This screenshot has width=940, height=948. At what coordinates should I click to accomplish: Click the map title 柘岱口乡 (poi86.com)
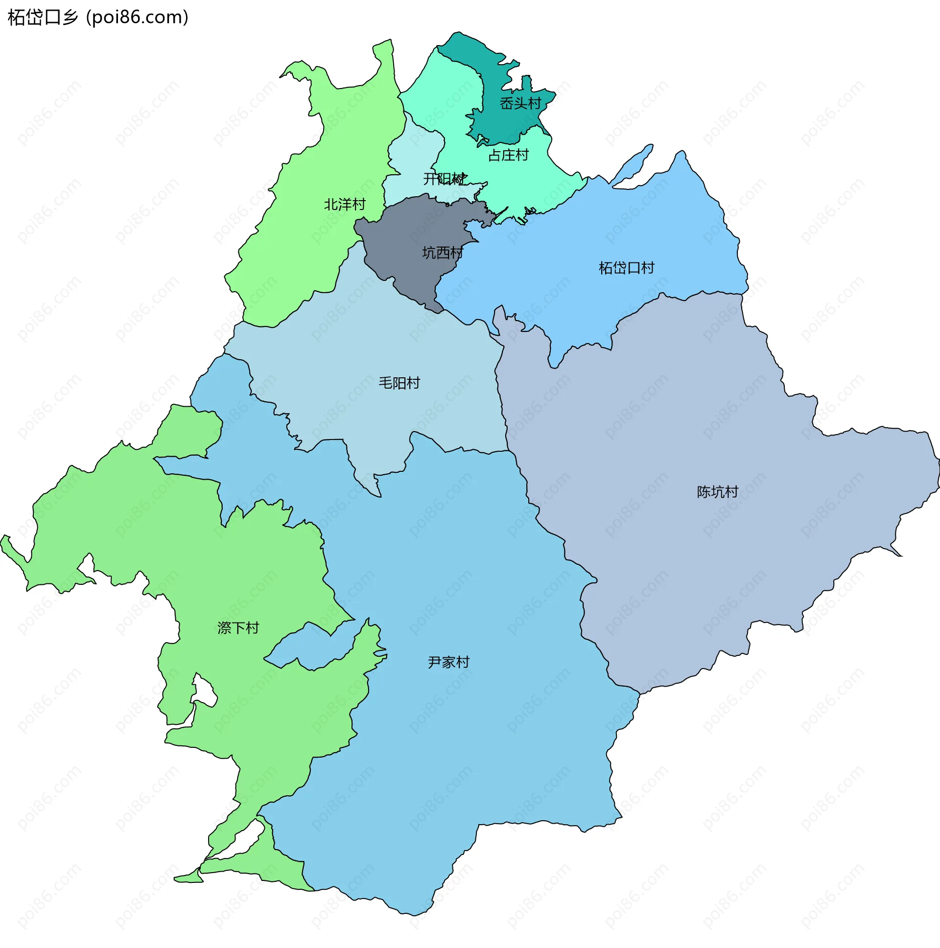click(98, 18)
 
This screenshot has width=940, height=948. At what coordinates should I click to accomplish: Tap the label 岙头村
click(520, 104)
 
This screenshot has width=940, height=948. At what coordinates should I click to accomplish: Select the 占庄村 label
click(508, 156)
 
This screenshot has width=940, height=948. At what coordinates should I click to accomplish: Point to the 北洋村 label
click(345, 204)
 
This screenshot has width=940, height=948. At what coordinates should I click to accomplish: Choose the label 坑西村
click(443, 253)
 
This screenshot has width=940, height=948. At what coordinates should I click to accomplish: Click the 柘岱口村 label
click(626, 268)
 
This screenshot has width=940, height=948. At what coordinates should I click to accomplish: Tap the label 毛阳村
click(399, 383)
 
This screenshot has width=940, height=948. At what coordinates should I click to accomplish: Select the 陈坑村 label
click(717, 492)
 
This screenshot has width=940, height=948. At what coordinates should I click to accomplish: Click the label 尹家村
click(448, 662)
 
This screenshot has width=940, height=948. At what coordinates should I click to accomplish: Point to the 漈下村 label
click(238, 627)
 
